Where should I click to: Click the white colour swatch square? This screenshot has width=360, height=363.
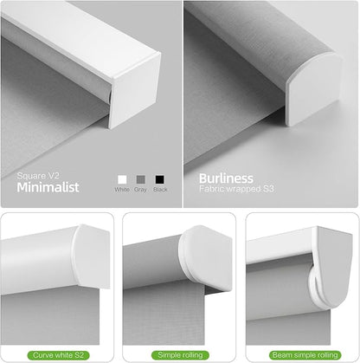122,179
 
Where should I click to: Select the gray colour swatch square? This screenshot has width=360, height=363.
141,179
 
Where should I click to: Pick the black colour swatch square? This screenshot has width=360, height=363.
160,179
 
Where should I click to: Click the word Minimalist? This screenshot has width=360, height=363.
48,187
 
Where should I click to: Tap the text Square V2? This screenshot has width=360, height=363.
38,176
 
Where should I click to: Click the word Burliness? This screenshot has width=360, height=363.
226,178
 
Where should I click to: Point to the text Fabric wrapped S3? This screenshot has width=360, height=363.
236,189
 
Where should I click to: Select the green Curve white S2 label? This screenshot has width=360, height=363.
58,355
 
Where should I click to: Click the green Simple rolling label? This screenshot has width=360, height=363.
180,355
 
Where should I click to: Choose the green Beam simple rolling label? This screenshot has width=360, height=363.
305,355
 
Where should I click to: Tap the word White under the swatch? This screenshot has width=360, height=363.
122,190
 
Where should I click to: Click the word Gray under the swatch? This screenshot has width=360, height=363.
140,190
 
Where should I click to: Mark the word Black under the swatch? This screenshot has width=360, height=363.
160,190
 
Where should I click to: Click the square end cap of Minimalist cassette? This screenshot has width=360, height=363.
135,90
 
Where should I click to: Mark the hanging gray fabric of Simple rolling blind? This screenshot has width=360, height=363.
164,314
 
